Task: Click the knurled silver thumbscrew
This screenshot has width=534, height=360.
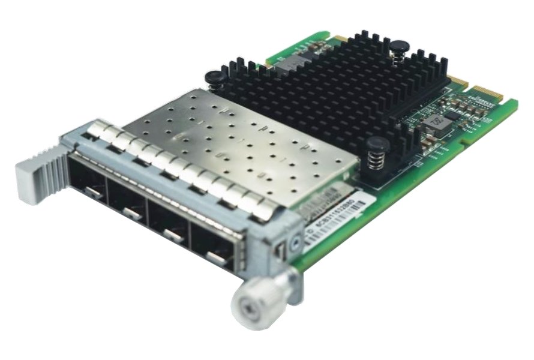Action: point(262,300)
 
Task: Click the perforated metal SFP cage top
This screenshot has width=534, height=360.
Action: point(240,144)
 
